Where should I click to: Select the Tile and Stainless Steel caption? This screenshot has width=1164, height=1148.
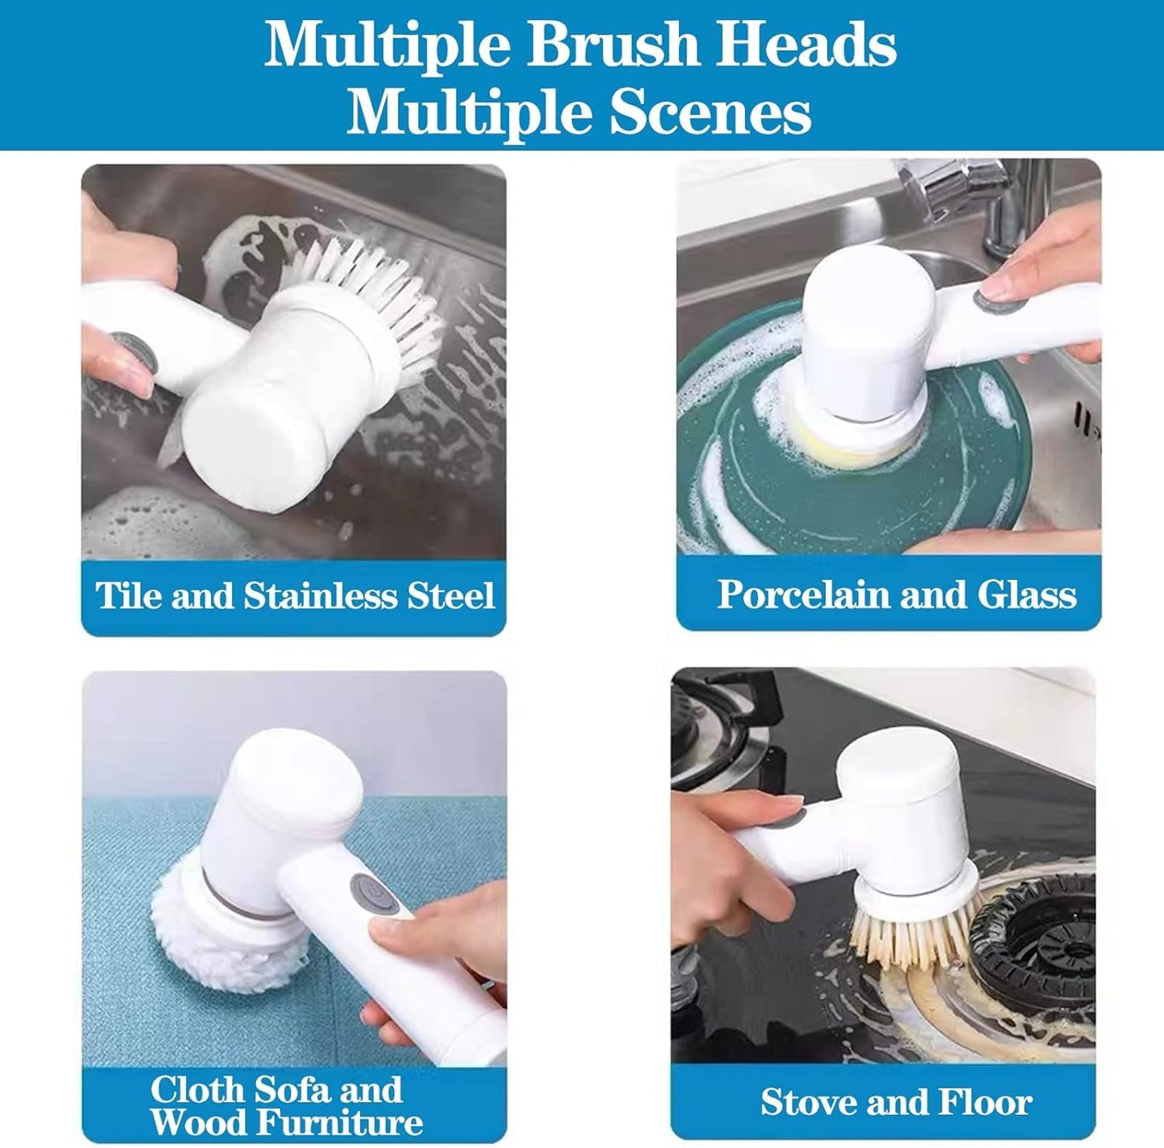295,596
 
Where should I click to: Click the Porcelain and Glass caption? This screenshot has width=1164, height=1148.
896,595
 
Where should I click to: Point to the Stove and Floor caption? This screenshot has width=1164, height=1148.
895,1101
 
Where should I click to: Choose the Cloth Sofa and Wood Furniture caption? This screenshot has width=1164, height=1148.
286,1104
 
